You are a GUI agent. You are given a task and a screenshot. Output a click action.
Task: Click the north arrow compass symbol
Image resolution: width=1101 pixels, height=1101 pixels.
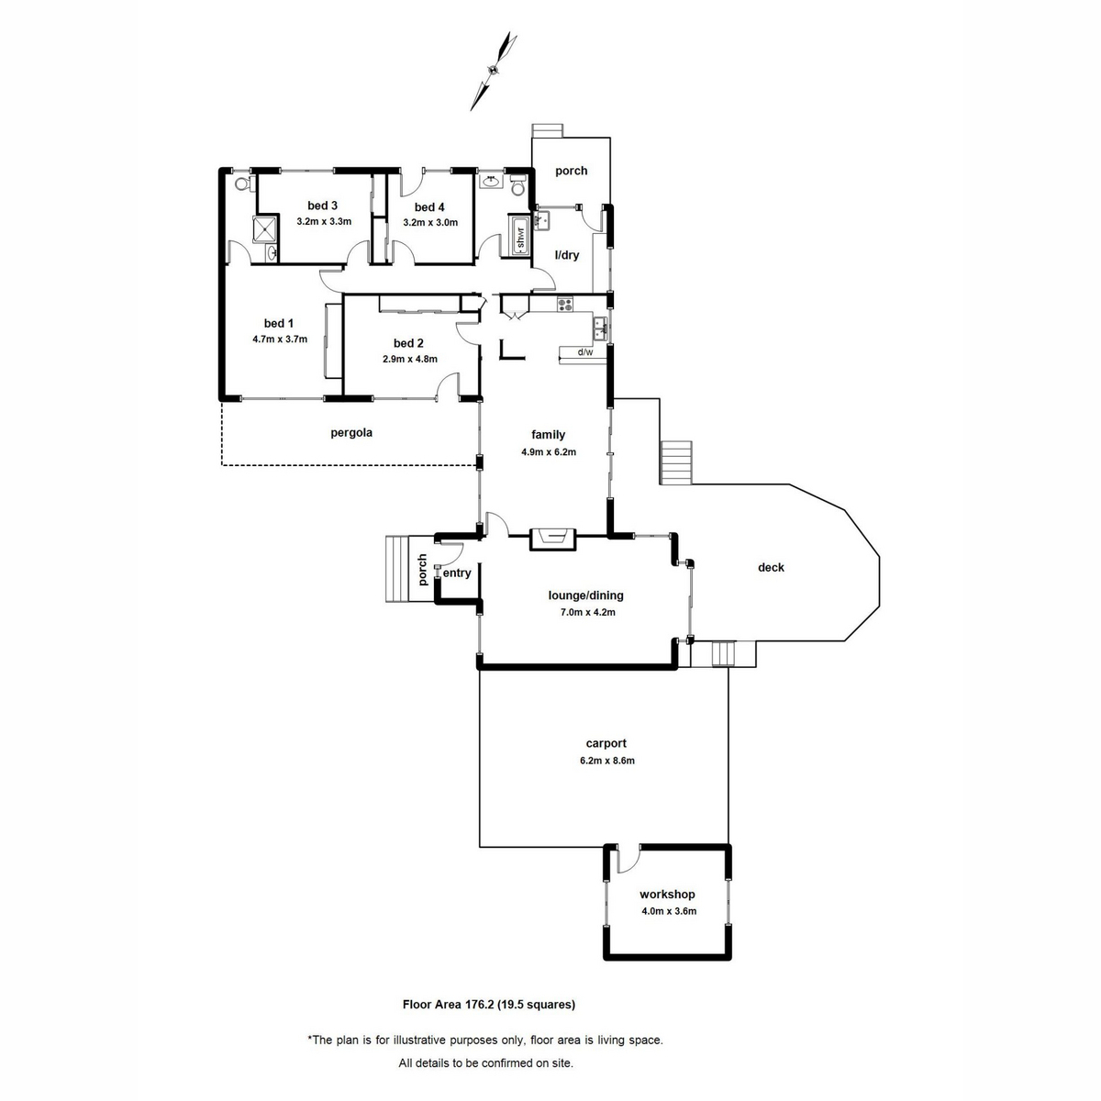(493, 70)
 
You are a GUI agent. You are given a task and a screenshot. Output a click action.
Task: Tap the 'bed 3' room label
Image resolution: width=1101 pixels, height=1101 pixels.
(323, 206)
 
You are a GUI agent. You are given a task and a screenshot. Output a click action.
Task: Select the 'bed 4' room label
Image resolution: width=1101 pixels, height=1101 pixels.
(429, 207)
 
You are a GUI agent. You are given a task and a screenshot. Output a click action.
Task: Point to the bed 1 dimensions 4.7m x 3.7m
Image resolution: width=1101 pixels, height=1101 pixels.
(280, 339)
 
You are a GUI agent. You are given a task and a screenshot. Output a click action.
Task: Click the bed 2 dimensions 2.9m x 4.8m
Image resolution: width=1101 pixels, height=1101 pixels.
(410, 359)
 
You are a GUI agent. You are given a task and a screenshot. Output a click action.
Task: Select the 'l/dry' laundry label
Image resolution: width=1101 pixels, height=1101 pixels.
(568, 255)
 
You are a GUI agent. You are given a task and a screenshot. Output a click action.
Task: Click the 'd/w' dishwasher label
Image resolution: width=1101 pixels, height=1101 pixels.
(584, 352)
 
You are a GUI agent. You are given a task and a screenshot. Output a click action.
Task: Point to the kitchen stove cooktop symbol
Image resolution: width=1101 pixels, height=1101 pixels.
(564, 304)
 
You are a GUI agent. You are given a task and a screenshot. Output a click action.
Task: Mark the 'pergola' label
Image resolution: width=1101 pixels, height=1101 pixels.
(351, 432)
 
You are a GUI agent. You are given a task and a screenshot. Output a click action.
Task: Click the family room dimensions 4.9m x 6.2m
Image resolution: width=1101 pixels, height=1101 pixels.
(549, 451)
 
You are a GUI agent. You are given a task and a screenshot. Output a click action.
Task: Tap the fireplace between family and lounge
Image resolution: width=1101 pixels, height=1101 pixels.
(553, 539)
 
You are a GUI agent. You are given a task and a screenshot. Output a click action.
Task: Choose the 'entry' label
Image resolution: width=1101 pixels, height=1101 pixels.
(457, 573)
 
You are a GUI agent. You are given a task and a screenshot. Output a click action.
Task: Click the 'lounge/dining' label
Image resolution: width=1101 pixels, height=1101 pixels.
(585, 595)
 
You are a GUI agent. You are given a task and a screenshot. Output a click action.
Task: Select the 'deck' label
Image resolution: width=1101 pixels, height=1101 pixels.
(771, 568)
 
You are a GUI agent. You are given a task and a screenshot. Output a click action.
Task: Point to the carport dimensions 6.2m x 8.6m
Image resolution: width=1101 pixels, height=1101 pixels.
(606, 761)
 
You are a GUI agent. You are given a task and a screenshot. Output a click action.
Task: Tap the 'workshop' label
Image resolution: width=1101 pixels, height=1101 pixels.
(667, 895)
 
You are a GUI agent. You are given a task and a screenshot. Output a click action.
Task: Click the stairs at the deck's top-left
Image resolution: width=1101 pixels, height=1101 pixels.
(677, 462)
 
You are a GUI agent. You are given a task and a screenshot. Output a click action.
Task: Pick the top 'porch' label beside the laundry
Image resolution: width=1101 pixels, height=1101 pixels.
(571, 171)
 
